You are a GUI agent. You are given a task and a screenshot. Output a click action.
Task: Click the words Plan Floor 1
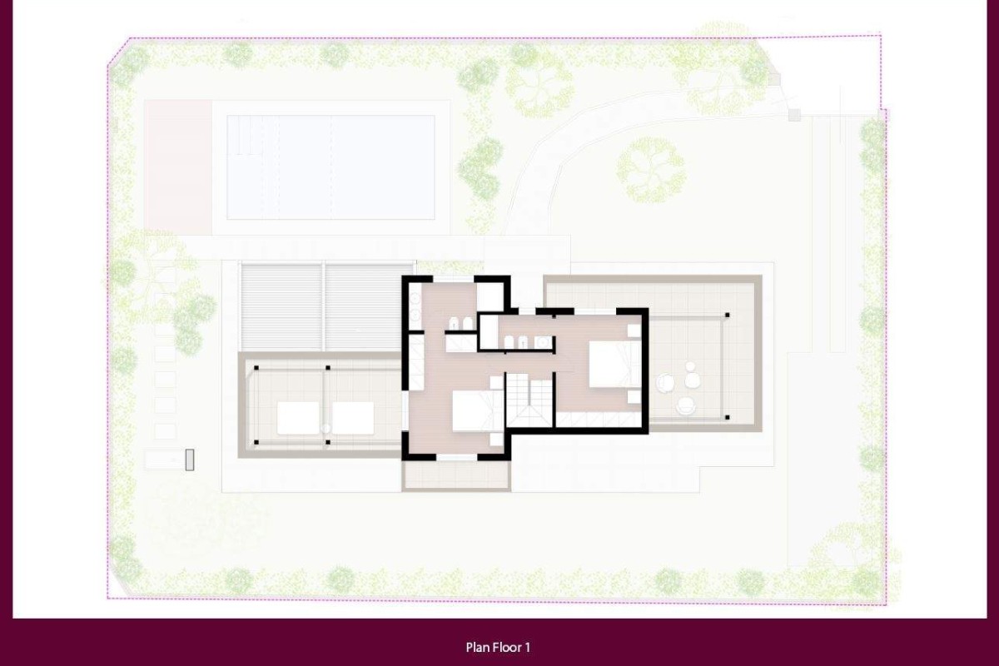[x=498, y=647]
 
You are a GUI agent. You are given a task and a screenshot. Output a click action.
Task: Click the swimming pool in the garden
[x=331, y=167]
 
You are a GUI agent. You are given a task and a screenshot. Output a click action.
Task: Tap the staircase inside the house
[x=529, y=400]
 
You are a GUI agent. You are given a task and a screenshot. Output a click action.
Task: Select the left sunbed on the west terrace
[x=298, y=418]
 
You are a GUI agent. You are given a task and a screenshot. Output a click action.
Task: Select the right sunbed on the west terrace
[x=353, y=418]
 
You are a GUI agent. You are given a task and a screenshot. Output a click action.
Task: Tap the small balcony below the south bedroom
[x=456, y=476]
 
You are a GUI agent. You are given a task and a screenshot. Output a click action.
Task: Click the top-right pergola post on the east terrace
[x=727, y=315]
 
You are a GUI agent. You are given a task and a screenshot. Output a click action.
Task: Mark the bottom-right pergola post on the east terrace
[x=727, y=418]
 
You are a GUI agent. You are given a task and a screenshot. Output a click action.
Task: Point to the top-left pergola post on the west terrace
[x=256, y=368]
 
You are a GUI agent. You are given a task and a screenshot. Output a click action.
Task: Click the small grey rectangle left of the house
[x=190, y=460]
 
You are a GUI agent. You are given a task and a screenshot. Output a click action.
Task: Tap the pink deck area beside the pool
[x=178, y=167]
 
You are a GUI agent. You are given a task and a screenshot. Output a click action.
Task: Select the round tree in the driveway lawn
[x=651, y=170]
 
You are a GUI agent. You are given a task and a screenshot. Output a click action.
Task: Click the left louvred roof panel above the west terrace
[x=281, y=307]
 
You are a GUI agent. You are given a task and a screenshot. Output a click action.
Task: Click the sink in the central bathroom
[x=543, y=343]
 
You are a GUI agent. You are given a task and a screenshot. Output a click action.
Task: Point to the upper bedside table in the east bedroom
[x=634, y=331]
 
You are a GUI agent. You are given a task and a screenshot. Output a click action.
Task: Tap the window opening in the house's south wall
[x=457, y=457]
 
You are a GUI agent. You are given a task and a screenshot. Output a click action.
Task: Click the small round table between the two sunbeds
[x=326, y=429]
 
